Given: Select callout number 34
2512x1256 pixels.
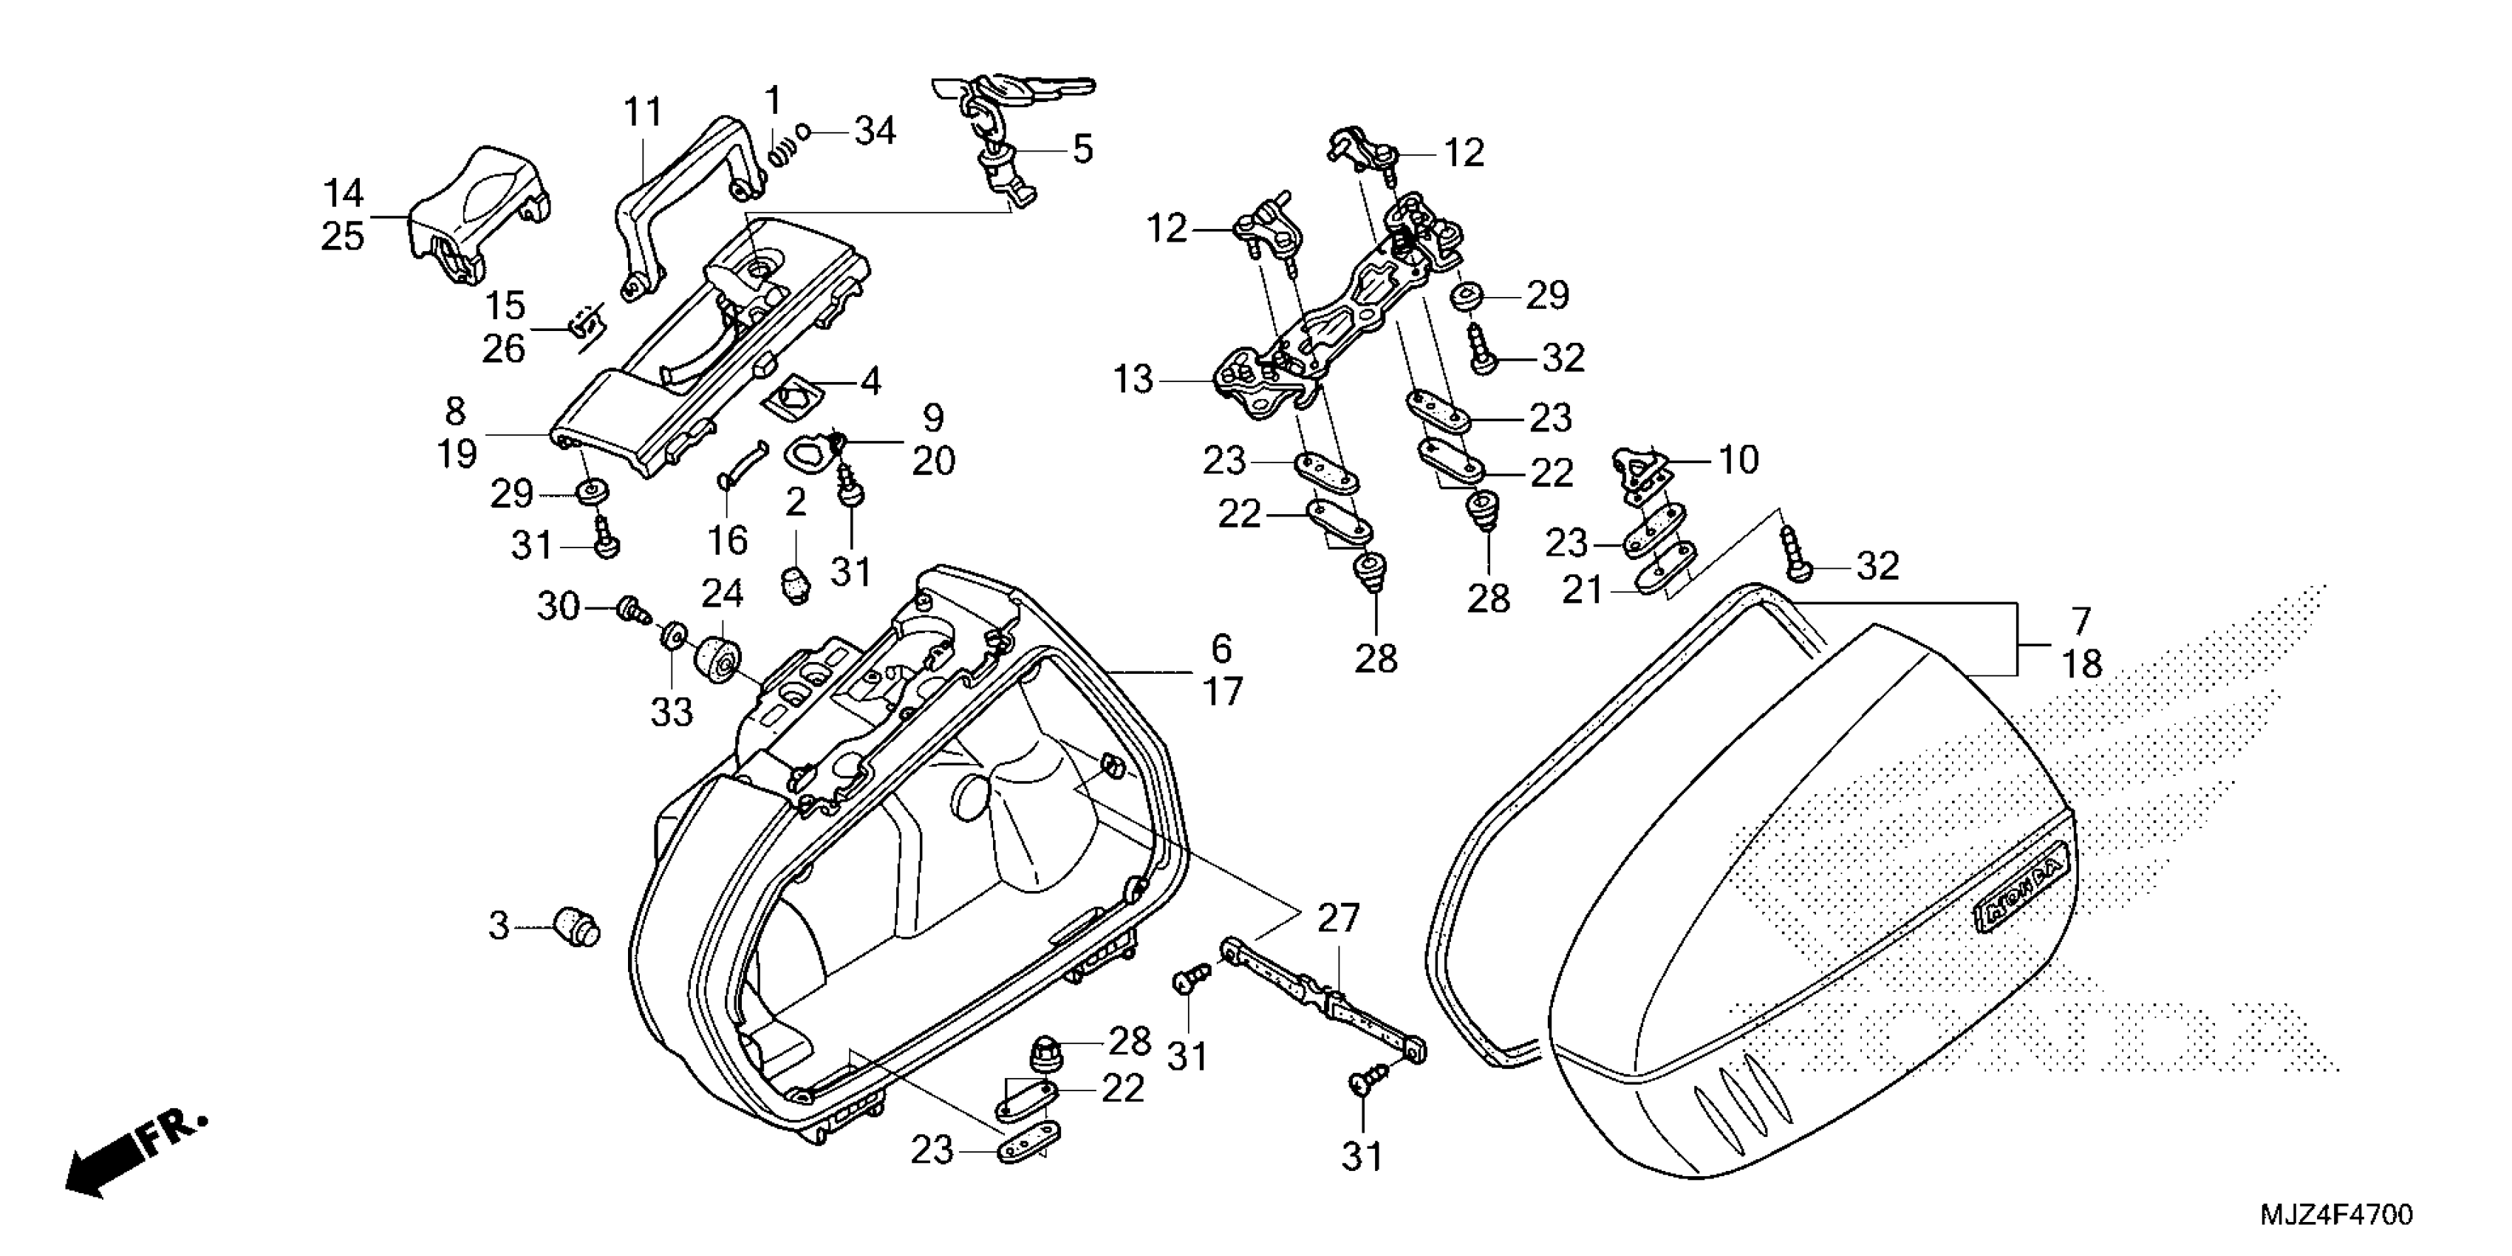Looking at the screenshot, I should coord(875,131).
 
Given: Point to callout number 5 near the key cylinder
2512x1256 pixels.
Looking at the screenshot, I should coord(1082,150).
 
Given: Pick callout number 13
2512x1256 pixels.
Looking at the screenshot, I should coord(1133,379).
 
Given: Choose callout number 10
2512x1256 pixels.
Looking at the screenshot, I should coord(1738,460).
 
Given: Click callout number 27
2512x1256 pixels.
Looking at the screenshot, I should coord(1338,918).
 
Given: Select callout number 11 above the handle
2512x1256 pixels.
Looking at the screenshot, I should coord(644,113).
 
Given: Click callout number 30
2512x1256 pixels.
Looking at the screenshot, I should coord(559,607).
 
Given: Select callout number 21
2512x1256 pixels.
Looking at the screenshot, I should coord(1582,589).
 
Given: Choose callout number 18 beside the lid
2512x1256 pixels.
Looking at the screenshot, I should coord(2082,665).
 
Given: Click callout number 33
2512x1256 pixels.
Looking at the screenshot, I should coord(672,712).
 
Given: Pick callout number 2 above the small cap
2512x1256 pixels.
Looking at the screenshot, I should coord(796,502).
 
